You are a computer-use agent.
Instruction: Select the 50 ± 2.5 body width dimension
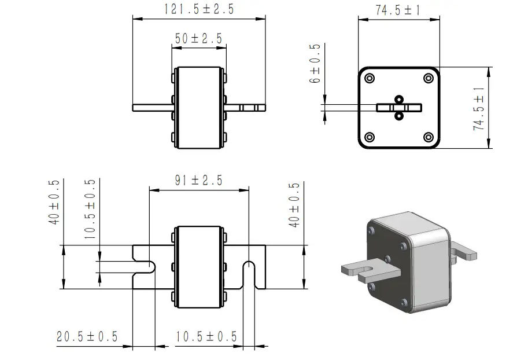(x=198, y=39)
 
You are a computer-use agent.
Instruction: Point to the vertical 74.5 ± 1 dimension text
(x=479, y=109)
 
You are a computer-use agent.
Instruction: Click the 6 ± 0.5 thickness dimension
(x=315, y=64)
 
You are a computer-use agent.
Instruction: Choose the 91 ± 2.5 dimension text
(x=198, y=180)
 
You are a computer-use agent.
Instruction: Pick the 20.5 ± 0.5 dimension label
(x=87, y=336)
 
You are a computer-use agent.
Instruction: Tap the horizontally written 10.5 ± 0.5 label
(x=206, y=336)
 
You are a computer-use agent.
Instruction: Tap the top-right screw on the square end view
(x=428, y=79)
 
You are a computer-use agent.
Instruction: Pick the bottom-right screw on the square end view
(x=428, y=137)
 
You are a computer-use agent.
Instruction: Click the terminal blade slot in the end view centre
(x=399, y=108)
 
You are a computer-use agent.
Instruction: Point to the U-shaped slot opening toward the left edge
(x=145, y=266)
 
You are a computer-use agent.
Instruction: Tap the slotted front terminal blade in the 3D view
(x=367, y=270)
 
